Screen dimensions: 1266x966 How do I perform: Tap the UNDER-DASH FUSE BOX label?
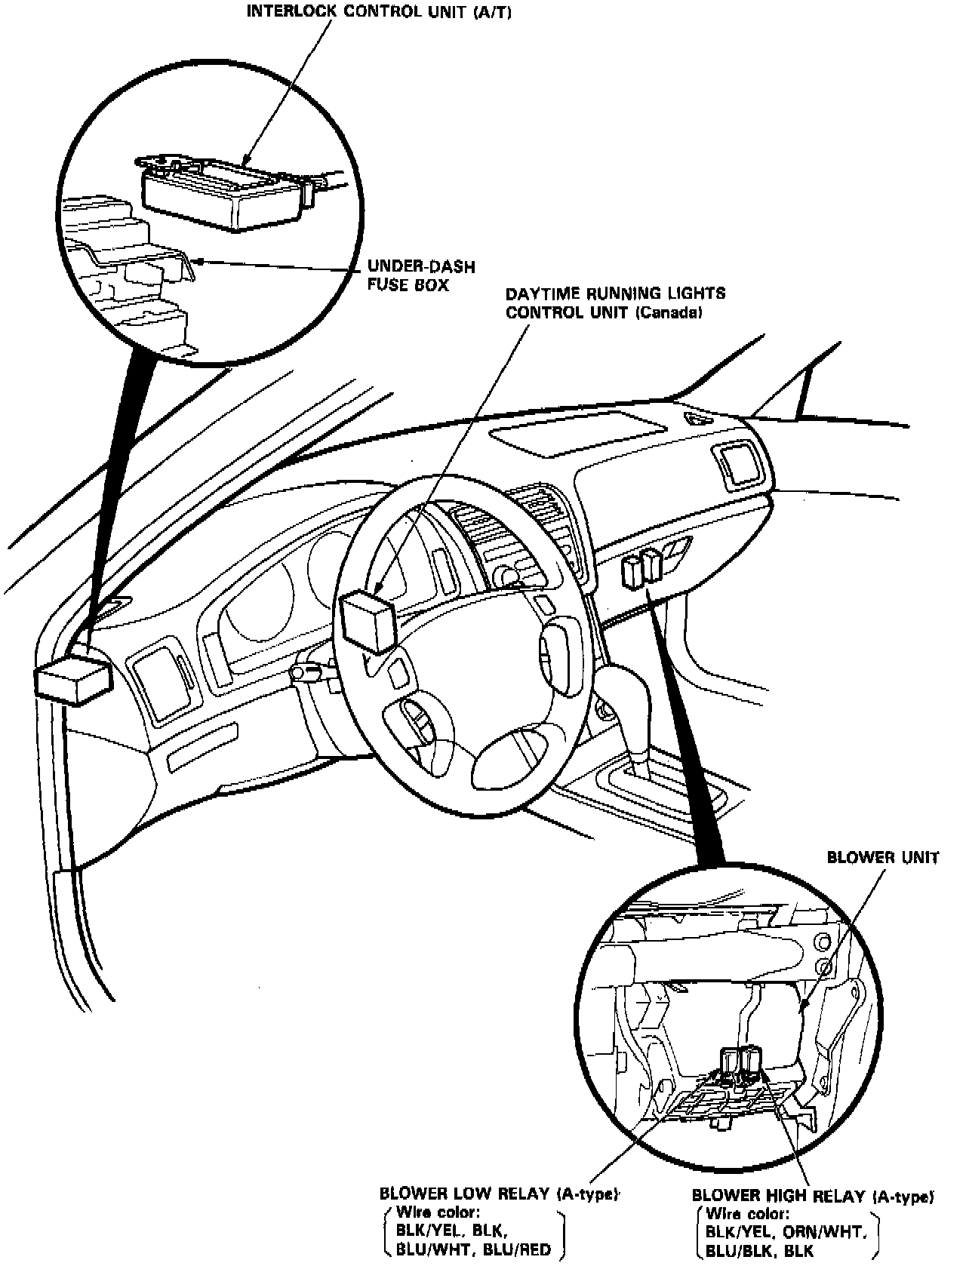coord(410,275)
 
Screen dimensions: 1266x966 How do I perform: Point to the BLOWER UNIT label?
coord(883,858)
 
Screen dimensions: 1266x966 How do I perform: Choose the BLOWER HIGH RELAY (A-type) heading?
coord(813,1197)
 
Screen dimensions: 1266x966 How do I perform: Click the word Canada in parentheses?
coord(669,312)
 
